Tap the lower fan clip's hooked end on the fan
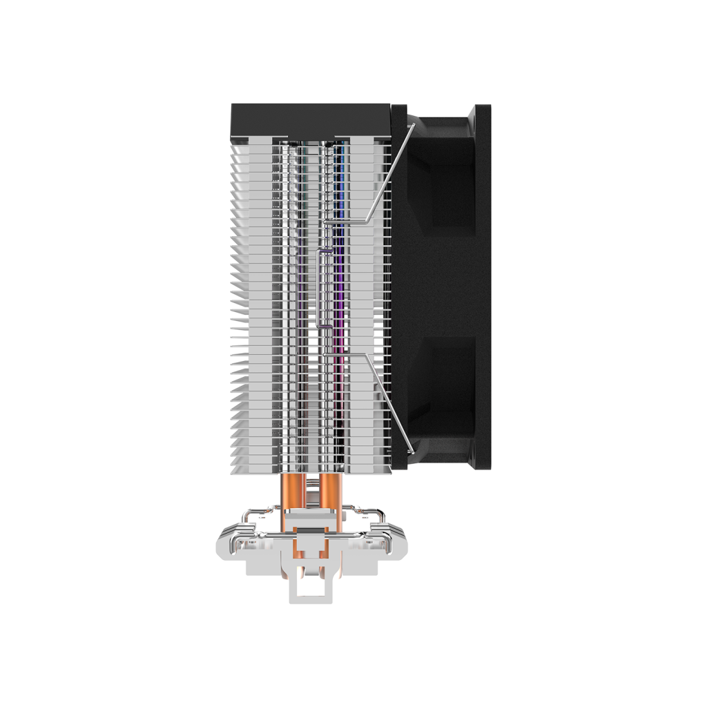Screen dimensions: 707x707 (x=412, y=453)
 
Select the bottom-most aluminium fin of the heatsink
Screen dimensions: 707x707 (x=311, y=470)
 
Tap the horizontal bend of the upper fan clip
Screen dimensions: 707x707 (x=345, y=223)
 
